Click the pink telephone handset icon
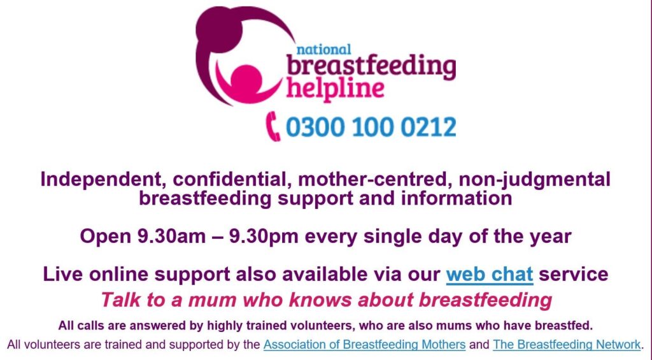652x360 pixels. (274, 126)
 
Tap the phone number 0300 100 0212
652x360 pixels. (371, 127)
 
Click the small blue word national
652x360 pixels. (323, 49)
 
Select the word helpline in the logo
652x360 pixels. (335, 87)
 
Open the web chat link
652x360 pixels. (489, 275)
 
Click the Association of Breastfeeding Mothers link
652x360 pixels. (364, 345)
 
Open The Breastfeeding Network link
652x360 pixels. (567, 345)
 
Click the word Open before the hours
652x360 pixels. (103, 236)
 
